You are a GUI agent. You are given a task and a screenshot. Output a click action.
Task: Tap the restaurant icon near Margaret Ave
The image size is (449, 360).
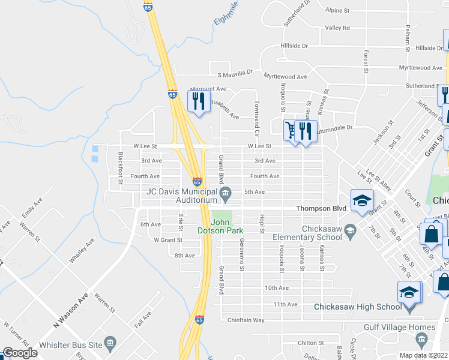199,100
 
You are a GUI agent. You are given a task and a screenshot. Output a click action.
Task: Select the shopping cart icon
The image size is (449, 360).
291,130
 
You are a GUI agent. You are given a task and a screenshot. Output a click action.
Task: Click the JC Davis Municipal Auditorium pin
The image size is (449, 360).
226,193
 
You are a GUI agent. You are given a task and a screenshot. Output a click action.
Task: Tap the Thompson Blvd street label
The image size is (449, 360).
322,208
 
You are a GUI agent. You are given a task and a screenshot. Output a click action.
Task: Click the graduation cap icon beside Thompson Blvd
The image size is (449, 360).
362,200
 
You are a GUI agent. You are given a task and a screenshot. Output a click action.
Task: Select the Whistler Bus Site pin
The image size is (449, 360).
110,343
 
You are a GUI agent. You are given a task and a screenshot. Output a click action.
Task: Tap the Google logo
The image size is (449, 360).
20,353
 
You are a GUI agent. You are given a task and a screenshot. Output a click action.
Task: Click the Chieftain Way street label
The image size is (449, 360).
246,320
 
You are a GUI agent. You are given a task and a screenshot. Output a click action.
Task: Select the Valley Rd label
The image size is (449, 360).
337,28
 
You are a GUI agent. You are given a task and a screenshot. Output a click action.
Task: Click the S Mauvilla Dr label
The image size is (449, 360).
235,74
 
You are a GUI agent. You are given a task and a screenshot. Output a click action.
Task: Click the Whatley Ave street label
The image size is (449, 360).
82,251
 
